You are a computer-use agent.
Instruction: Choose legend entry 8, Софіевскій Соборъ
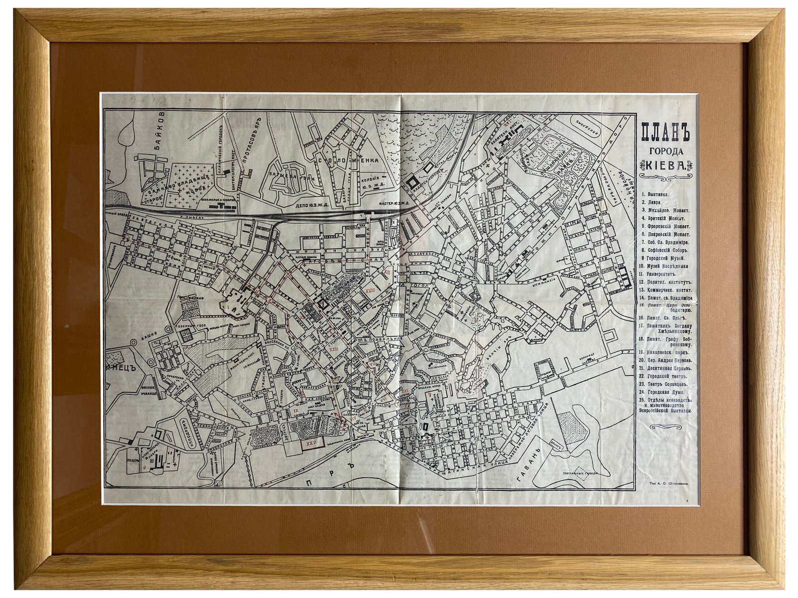[x=665, y=250]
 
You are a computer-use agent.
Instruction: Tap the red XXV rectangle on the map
[x=312, y=443]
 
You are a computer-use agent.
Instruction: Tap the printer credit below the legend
[x=666, y=483]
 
